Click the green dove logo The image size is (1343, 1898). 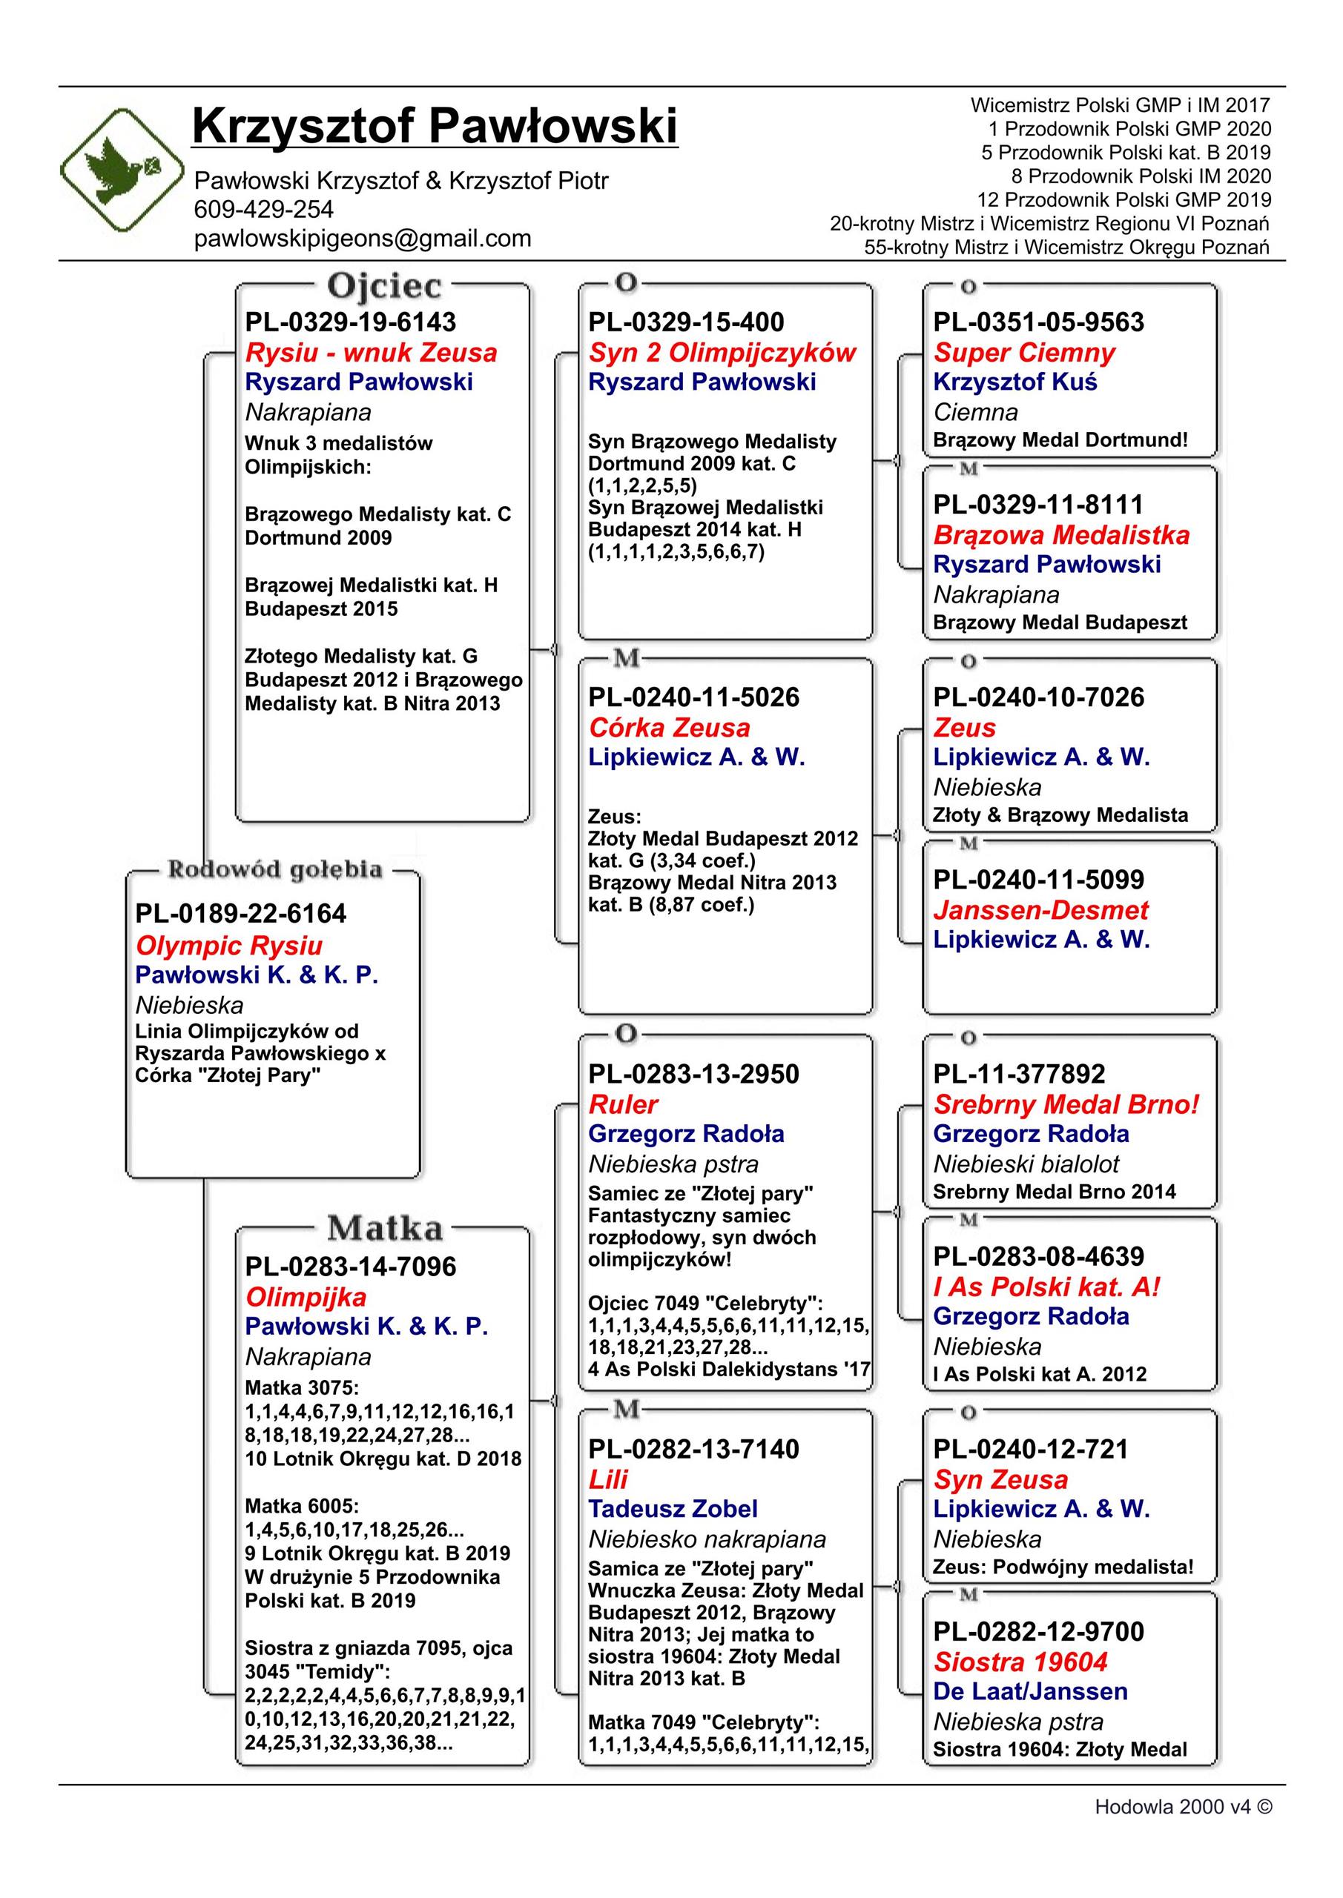[x=122, y=170]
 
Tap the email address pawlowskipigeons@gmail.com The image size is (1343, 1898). [x=362, y=239]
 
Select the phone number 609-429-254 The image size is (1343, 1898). [x=264, y=209]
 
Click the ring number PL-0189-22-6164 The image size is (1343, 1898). [x=241, y=914]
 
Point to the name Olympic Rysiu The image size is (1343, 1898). [x=228, y=945]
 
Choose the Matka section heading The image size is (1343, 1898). [x=385, y=1229]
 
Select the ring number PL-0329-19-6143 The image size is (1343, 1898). [x=351, y=322]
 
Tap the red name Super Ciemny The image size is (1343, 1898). [x=1024, y=353]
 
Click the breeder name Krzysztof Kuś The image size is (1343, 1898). [x=1014, y=382]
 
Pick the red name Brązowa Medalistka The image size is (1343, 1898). [x=1061, y=535]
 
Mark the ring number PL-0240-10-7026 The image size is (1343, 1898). [x=1039, y=697]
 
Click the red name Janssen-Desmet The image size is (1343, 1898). [x=1040, y=910]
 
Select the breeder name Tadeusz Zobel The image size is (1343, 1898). [x=673, y=1509]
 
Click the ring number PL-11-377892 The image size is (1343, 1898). [x=1019, y=1074]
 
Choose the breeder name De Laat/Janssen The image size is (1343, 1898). [x=1029, y=1691]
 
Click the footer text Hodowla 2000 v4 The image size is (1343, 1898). [x=1183, y=1807]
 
